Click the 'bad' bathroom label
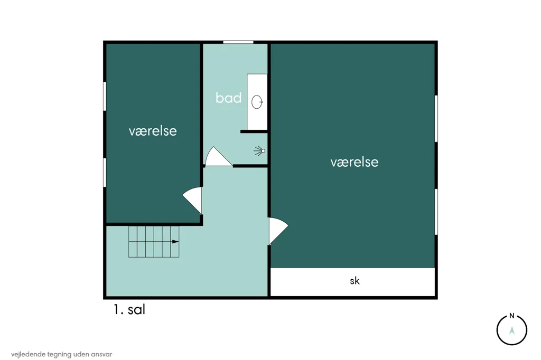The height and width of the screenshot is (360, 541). click(228, 98)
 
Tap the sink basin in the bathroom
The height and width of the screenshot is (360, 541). click(257, 102)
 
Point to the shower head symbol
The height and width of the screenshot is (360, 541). click(259, 151)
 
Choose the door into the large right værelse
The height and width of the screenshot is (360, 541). click(278, 231)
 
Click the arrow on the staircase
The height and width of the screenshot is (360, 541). click(175, 242)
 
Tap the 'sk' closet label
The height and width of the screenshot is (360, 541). click(355, 281)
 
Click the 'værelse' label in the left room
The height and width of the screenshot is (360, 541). click(153, 131)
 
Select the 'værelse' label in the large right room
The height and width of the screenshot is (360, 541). click(355, 162)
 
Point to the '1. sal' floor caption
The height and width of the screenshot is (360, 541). click(129, 309)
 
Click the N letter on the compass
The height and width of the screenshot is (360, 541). click(511, 316)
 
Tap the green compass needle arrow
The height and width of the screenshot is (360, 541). click(511, 330)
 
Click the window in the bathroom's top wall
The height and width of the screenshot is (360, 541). click(238, 42)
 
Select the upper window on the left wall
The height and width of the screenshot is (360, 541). click(105, 96)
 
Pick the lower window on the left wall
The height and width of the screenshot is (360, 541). click(105, 173)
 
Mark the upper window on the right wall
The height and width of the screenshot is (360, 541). click(436, 119)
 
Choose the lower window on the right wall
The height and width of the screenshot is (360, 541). click(436, 212)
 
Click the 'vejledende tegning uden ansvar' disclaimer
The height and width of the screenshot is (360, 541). click(61, 354)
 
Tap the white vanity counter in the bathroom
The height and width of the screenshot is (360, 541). click(257, 102)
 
